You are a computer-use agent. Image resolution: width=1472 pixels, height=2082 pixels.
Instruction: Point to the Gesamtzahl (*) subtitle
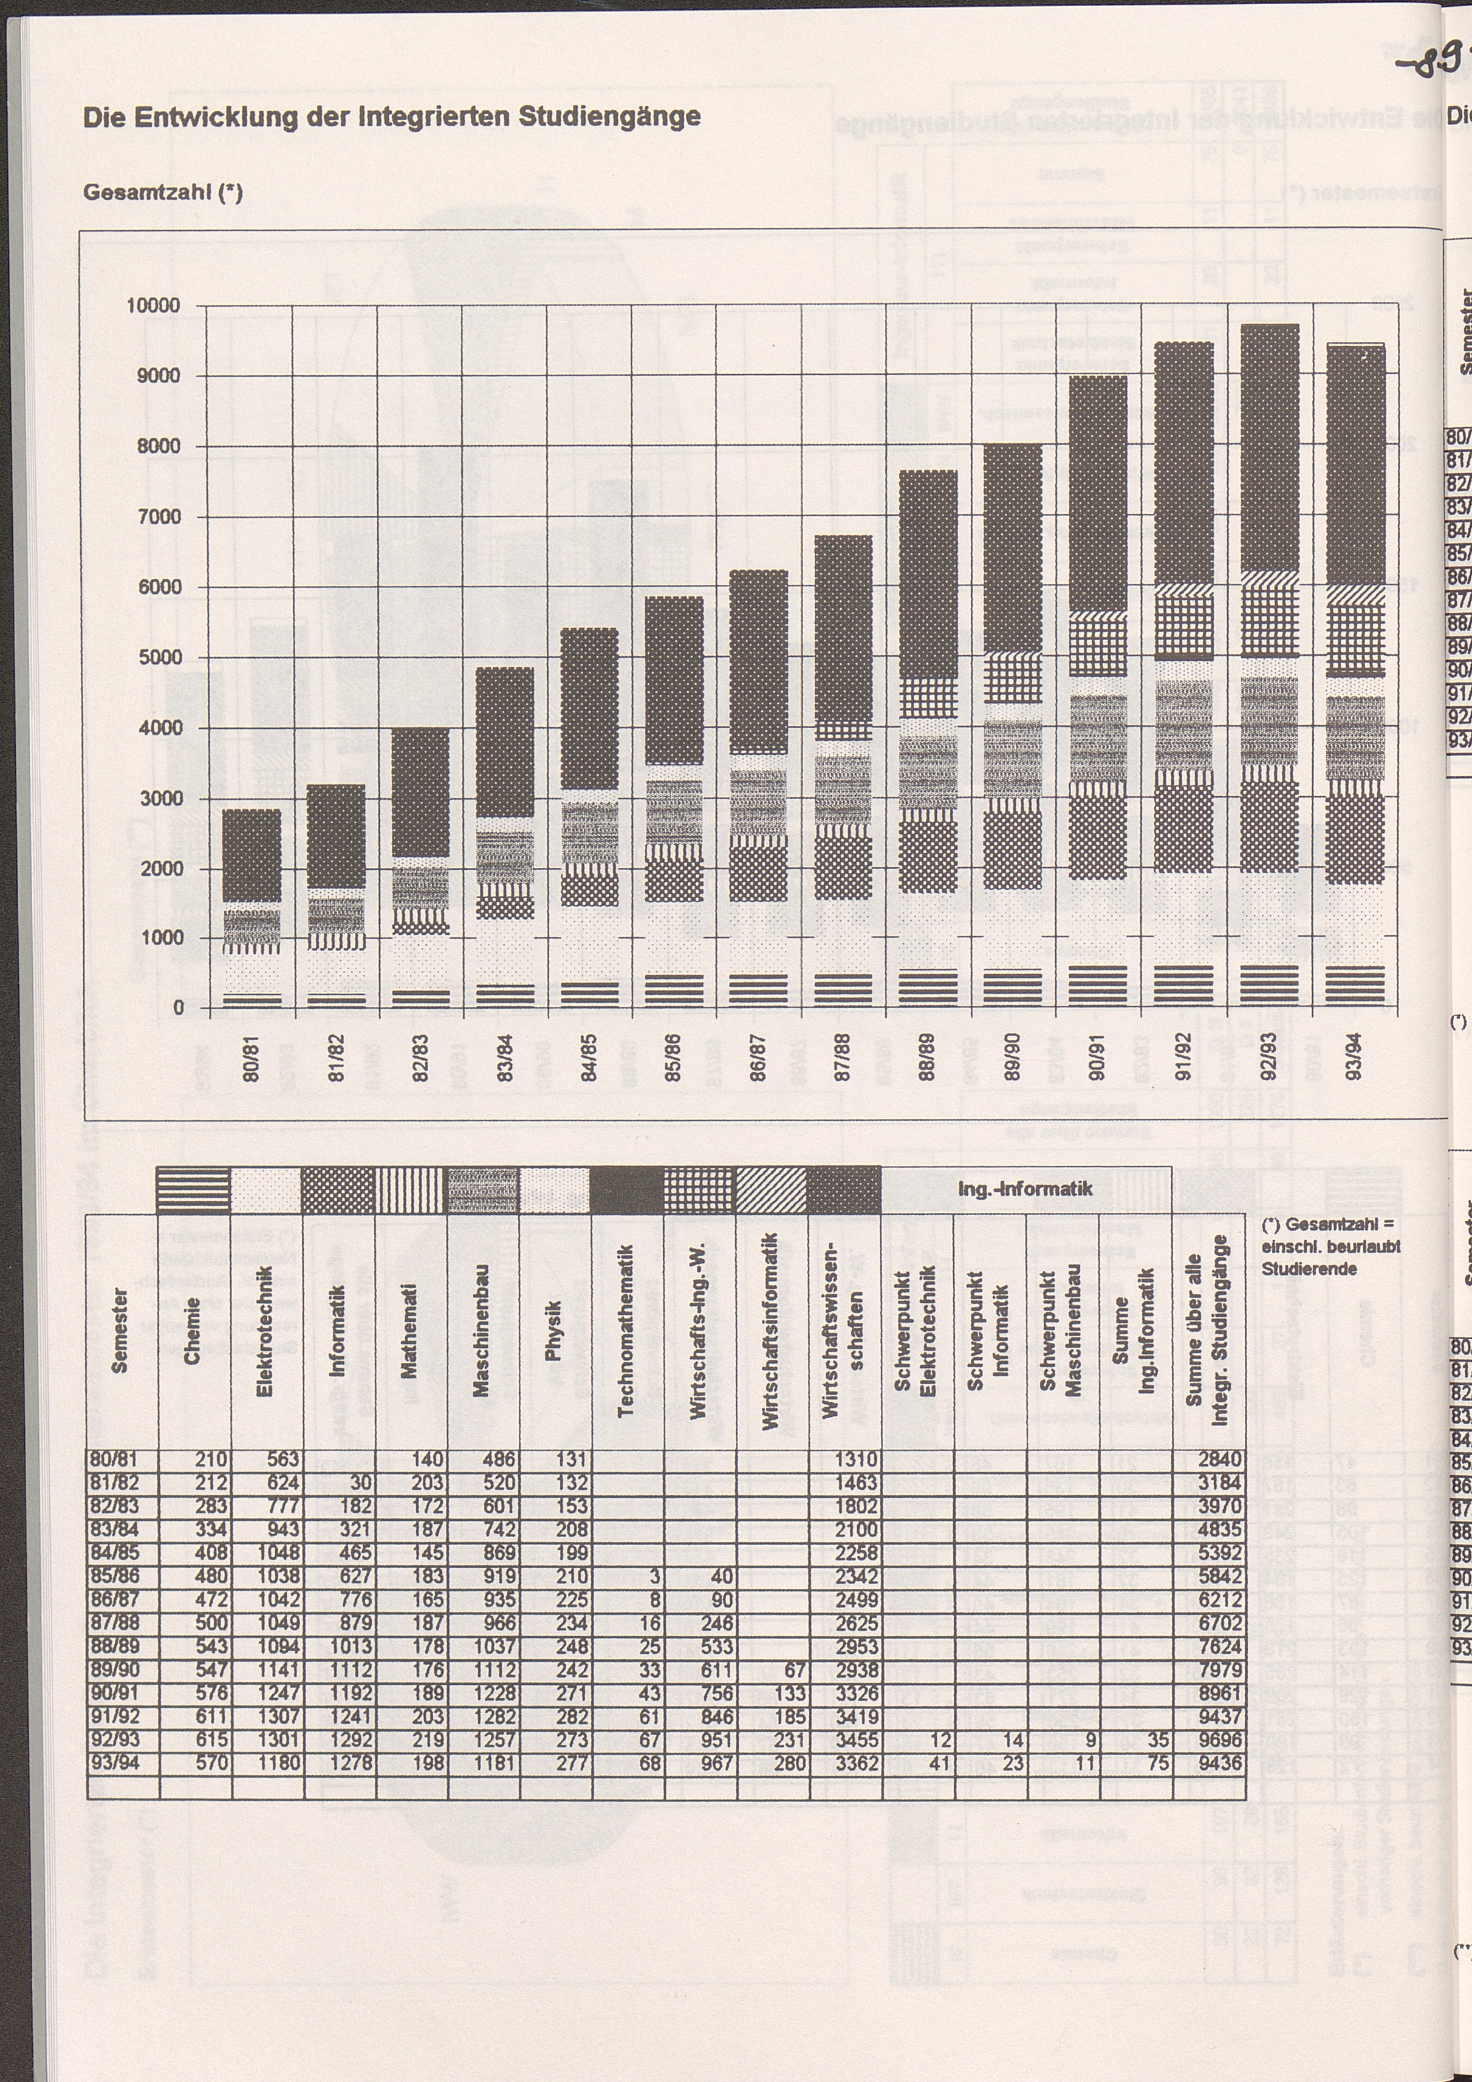pyautogui.click(x=163, y=193)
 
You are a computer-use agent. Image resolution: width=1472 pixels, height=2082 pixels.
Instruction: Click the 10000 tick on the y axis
pyautogui.click(x=153, y=305)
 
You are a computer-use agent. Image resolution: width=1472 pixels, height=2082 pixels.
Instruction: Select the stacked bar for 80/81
pyautogui.click(x=252, y=907)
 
